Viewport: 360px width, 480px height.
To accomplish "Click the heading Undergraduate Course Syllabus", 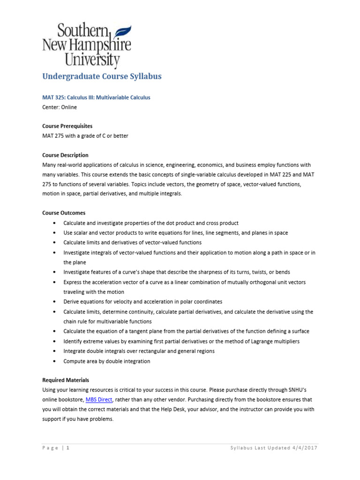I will (x=102, y=76).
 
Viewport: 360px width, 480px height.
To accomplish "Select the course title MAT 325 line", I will (x=96, y=97).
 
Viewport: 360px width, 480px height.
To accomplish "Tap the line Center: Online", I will (x=60, y=107).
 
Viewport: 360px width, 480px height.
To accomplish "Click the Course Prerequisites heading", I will (x=67, y=126).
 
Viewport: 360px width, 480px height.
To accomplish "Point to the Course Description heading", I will (x=65, y=155).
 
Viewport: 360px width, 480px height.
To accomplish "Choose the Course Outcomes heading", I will (x=64, y=213).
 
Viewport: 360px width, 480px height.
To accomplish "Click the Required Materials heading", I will (x=66, y=380).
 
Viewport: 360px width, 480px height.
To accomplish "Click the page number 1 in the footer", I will (x=68, y=448).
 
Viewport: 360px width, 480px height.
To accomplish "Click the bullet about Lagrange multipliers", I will (x=181, y=341).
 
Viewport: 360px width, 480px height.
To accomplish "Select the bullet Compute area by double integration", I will (x=107, y=361).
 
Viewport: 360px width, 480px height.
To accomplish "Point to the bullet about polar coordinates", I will (x=142, y=301).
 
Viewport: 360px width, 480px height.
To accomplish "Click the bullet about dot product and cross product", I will (x=151, y=223).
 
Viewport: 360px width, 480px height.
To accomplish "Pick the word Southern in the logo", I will (x=83, y=31).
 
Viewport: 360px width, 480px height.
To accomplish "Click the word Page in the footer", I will (x=51, y=448).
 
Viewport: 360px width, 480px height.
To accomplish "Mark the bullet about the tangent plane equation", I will (x=186, y=331).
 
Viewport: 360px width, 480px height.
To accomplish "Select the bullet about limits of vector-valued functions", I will (x=132, y=242).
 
